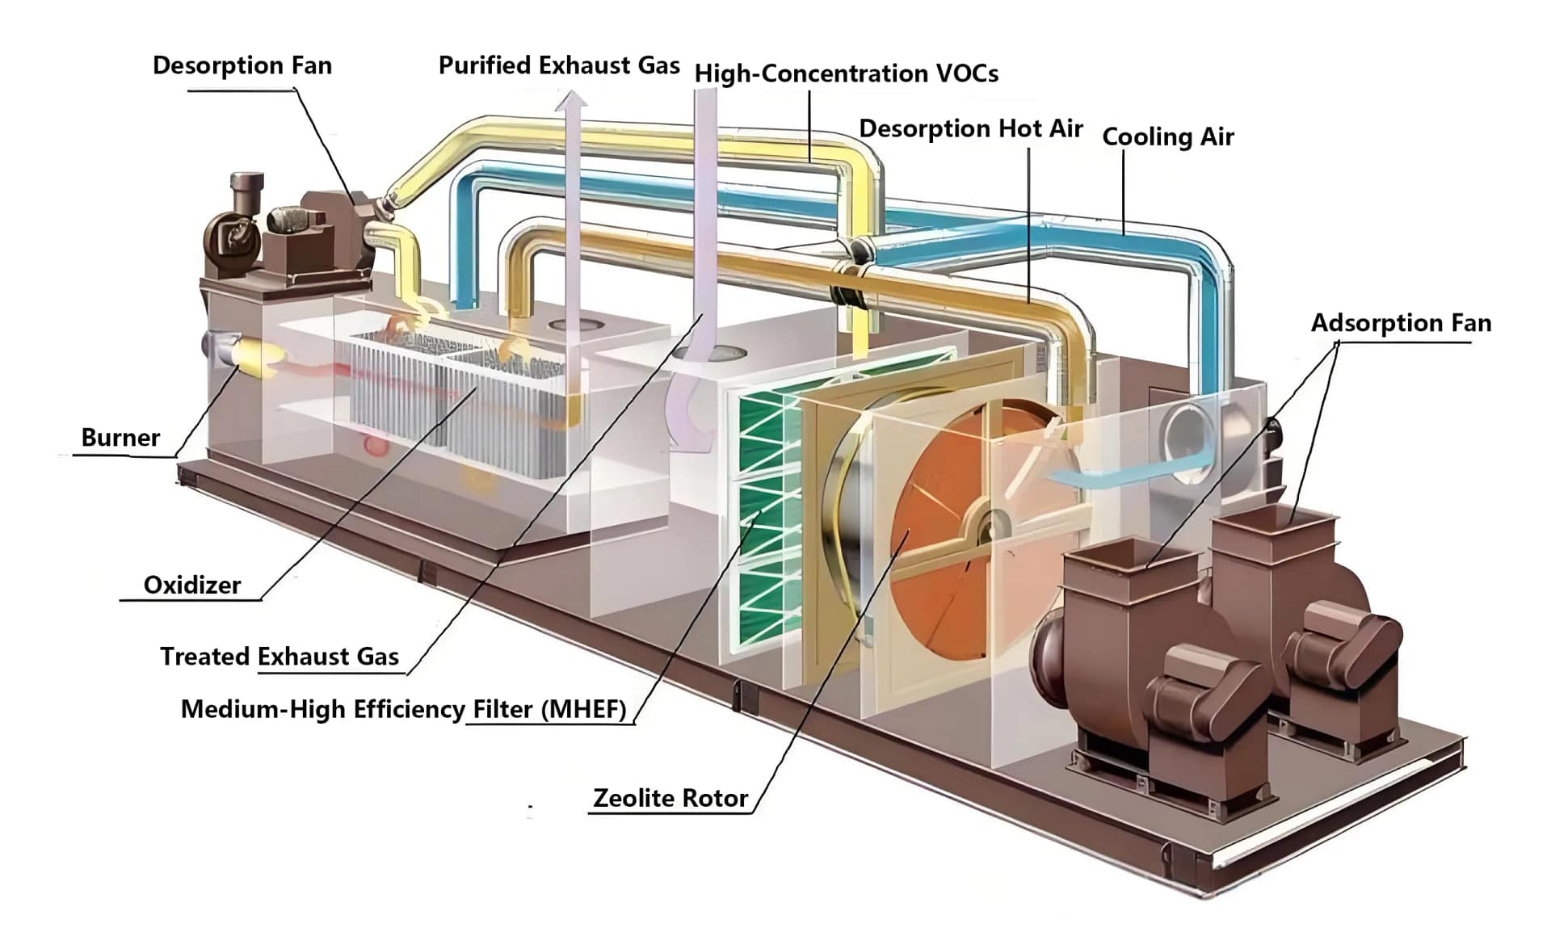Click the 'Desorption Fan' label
pyautogui.click(x=242, y=65)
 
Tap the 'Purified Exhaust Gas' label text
pyautogui.click(x=558, y=65)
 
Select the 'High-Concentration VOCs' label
pyautogui.click(x=846, y=73)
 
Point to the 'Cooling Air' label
pyautogui.click(x=1167, y=136)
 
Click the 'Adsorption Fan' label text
pyautogui.click(x=1400, y=323)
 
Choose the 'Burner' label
pyautogui.click(x=120, y=438)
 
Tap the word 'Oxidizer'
pyautogui.click(x=191, y=585)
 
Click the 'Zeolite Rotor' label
pyautogui.click(x=670, y=798)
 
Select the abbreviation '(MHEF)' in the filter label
pyautogui.click(x=583, y=709)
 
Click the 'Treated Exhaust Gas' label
pyautogui.click(x=279, y=656)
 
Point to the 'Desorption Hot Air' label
pyautogui.click(x=970, y=128)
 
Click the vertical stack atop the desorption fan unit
pyautogui.click(x=246, y=191)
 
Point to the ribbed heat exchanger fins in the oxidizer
pyautogui.click(x=452, y=404)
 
